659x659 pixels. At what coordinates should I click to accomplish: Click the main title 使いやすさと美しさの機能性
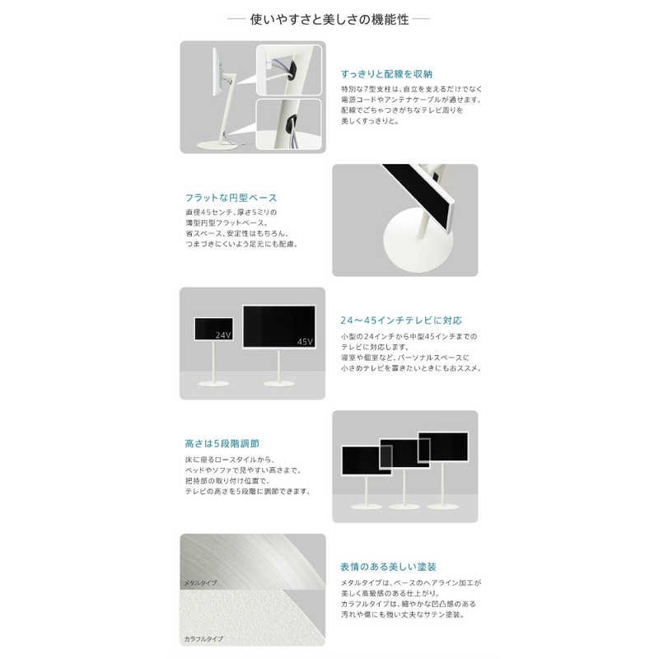pos(329,17)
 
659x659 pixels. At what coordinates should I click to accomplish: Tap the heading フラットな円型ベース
pos(231,198)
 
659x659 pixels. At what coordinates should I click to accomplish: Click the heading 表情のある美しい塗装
pos(388,567)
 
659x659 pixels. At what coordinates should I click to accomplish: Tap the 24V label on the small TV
pos(222,335)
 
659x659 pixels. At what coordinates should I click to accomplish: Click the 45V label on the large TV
pos(305,340)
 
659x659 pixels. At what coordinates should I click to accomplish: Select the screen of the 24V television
pos(213,328)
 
